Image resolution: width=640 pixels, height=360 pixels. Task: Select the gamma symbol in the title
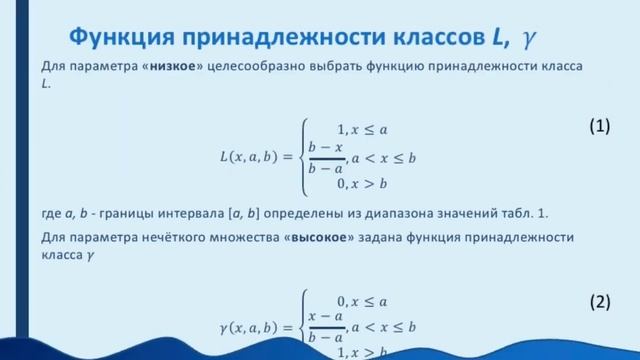click(x=529, y=38)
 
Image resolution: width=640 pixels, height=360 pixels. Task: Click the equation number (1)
click(x=598, y=127)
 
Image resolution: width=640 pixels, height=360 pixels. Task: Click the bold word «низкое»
click(x=179, y=66)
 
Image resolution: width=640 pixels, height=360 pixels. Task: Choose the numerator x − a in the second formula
click(x=326, y=317)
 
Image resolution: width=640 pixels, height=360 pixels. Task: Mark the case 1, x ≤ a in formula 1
click(x=362, y=128)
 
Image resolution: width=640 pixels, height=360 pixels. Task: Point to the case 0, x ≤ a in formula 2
click(x=362, y=300)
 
